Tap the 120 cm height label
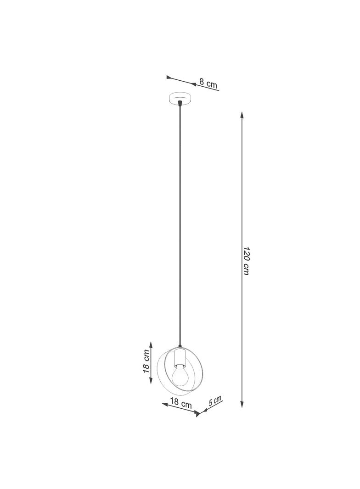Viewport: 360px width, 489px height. point(246,262)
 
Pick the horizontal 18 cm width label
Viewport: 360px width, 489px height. point(180,403)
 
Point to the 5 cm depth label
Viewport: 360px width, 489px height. point(215,401)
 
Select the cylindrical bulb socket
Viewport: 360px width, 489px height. point(180,357)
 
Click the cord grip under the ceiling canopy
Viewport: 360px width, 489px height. point(180,106)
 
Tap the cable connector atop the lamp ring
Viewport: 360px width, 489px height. point(180,348)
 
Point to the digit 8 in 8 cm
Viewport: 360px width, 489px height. point(202,83)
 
